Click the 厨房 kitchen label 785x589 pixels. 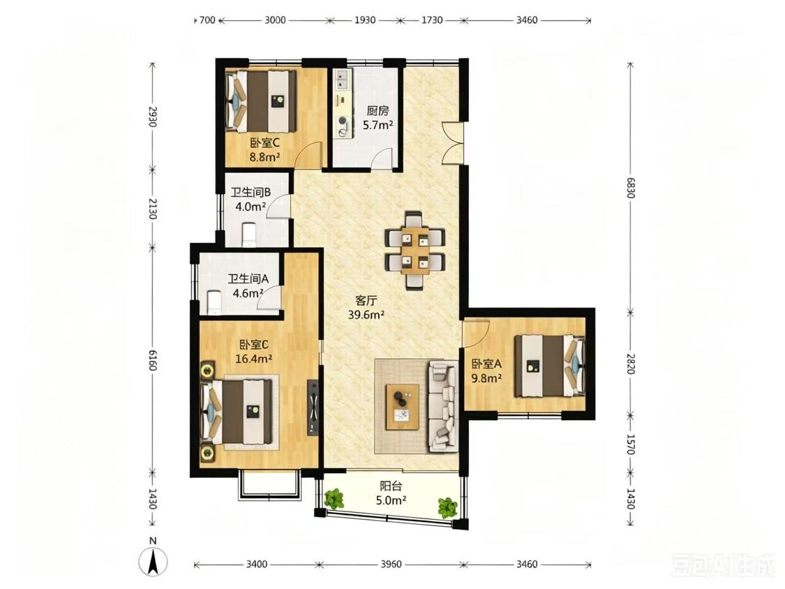(x=377, y=111)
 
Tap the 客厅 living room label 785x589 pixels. (x=366, y=301)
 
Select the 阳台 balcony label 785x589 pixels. (x=391, y=486)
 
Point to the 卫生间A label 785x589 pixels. (x=248, y=279)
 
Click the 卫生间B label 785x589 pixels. (x=251, y=192)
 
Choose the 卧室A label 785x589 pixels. (x=486, y=364)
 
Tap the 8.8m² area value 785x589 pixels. (x=264, y=157)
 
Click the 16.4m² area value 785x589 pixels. (x=254, y=359)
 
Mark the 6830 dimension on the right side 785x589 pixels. (x=630, y=188)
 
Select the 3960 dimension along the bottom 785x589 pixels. (x=391, y=565)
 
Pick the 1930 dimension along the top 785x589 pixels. (x=365, y=20)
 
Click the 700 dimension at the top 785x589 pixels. (x=207, y=20)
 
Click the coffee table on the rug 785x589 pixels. (x=403, y=407)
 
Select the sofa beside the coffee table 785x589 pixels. (x=442, y=407)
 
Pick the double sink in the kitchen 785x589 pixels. (x=343, y=79)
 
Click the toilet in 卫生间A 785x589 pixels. (x=214, y=301)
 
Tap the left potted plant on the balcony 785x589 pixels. (x=334, y=499)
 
